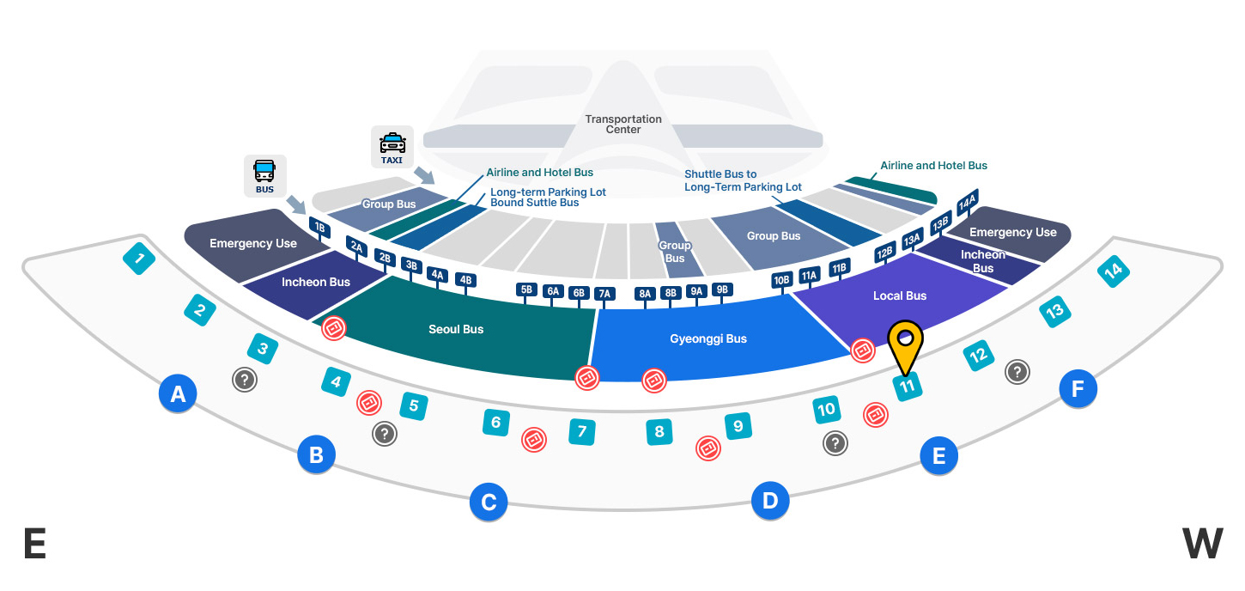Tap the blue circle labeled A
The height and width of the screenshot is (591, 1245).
[178, 394]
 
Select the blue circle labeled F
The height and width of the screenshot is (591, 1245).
[1078, 389]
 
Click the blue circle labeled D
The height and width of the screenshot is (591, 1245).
[770, 500]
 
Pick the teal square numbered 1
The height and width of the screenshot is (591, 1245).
[139, 258]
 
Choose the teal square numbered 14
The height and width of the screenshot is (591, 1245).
[1114, 271]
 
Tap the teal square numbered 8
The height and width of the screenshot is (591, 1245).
[659, 431]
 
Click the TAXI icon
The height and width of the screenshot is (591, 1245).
[392, 147]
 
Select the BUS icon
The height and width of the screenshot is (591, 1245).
[264, 175]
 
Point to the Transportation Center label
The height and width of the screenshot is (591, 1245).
[623, 124]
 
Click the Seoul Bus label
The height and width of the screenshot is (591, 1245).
[456, 329]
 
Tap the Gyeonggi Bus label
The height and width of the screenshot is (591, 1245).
[708, 338]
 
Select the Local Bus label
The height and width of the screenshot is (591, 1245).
[900, 295]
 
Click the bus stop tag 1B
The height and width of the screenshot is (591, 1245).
[319, 228]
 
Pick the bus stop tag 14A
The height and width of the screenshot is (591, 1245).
[968, 203]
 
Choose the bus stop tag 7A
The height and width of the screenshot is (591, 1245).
[604, 294]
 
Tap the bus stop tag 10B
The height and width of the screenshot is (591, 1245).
[781, 280]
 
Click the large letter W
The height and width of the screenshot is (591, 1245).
[1202, 544]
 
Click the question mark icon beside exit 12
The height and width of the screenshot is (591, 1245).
[1017, 371]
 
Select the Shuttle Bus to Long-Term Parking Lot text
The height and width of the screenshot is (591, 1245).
[743, 180]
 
